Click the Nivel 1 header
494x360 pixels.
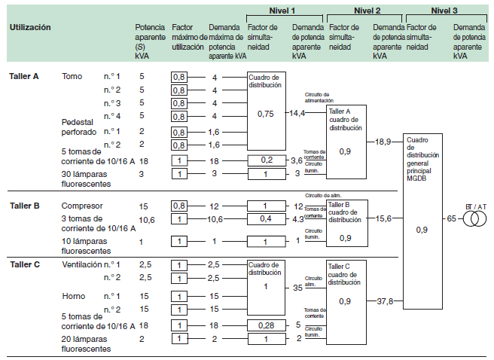(284, 10)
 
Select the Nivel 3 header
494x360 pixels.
(446, 10)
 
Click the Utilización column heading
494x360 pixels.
(30, 27)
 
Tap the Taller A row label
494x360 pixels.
(24, 77)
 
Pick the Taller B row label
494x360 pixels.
(24, 206)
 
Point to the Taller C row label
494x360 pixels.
(24, 264)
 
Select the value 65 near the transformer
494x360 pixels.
(452, 218)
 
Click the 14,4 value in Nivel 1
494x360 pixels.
(297, 113)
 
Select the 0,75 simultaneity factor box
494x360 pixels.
(266, 113)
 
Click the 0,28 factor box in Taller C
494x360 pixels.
(267, 325)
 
